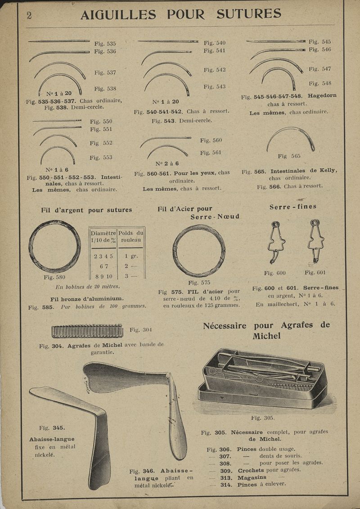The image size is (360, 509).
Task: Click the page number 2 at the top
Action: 29,15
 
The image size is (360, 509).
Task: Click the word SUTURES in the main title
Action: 248,14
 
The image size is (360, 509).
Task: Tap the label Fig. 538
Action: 105,89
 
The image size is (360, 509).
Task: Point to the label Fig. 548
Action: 320,83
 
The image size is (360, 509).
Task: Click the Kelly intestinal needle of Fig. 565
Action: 290,137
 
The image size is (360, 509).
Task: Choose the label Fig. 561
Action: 211,153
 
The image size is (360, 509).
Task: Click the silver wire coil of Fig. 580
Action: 55,246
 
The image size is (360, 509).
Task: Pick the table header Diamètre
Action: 103,233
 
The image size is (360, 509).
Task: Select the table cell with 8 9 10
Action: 103,276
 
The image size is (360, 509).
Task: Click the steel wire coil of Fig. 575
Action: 198,251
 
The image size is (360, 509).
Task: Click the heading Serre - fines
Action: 292,207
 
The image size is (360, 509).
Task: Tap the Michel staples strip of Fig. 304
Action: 87,331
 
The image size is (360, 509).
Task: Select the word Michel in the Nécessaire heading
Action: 266,336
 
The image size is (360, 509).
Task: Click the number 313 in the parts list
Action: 226,477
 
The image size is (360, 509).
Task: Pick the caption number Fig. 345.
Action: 52,428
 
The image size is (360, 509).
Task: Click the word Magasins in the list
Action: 252,477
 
